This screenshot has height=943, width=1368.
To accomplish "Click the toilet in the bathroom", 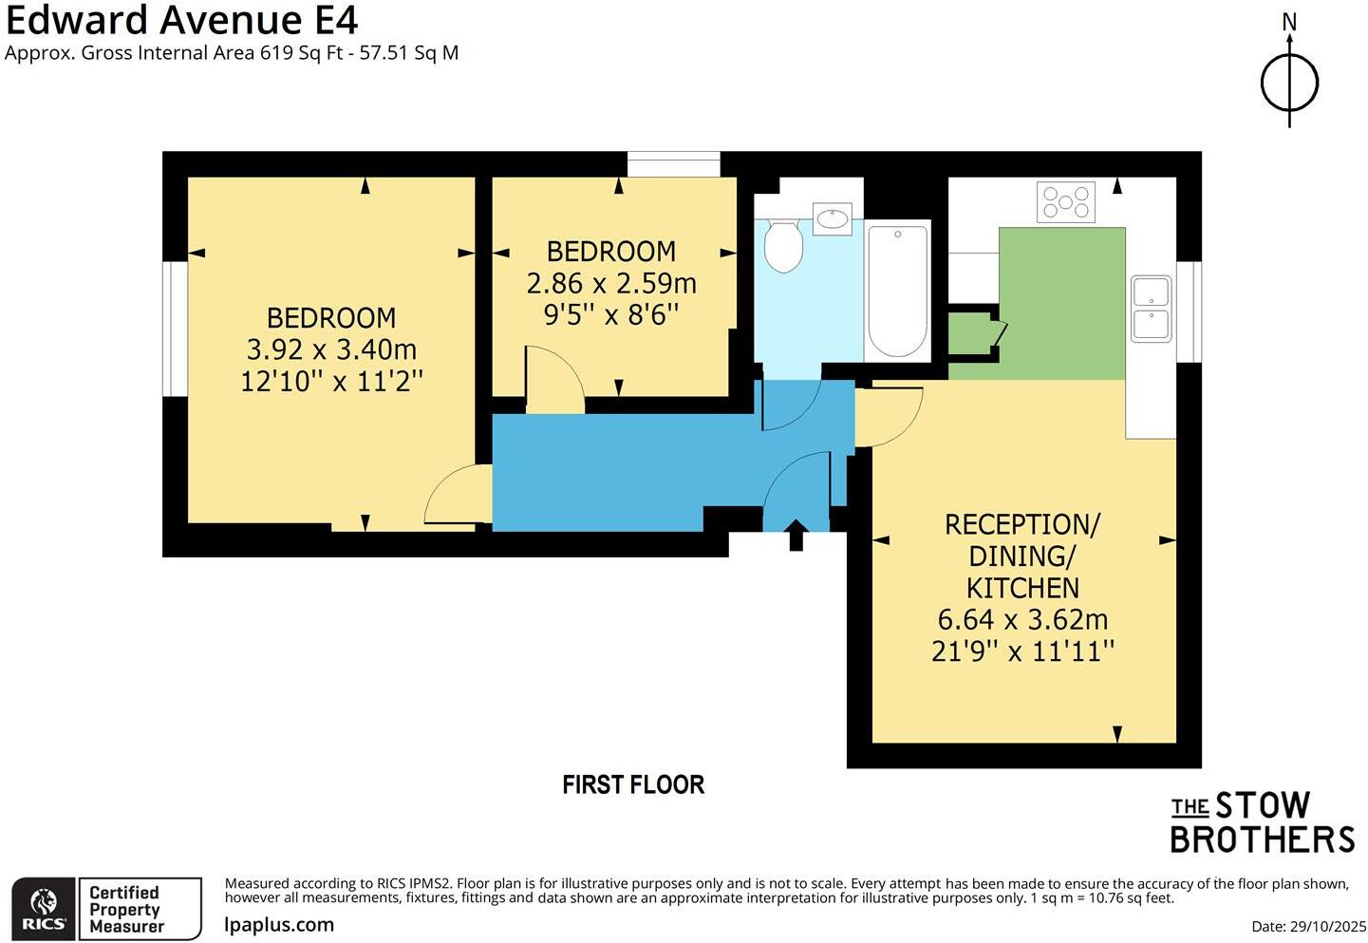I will point(783,246).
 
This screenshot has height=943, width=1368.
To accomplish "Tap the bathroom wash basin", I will point(833,219).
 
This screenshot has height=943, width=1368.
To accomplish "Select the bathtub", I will point(897,290).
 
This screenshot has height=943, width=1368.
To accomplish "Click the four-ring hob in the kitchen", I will point(1066,201).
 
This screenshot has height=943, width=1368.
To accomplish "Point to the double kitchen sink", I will point(1151,309).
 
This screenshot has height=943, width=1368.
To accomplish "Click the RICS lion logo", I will point(43,909).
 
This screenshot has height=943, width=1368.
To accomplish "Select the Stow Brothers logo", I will point(1262,822).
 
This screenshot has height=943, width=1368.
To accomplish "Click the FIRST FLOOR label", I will point(633,784).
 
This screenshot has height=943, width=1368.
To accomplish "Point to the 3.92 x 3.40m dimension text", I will point(331,349).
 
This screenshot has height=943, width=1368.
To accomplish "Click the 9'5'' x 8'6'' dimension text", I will point(611,314).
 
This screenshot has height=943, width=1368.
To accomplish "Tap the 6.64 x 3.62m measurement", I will point(1022,619).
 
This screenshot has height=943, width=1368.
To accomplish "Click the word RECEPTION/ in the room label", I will point(1022,524).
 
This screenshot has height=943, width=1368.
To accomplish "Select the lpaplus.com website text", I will point(279,924).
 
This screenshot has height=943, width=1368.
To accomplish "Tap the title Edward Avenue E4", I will point(182,20).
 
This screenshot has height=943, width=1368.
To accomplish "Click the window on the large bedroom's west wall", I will point(175,329).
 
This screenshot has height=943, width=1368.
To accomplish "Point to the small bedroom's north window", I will point(674,164).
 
